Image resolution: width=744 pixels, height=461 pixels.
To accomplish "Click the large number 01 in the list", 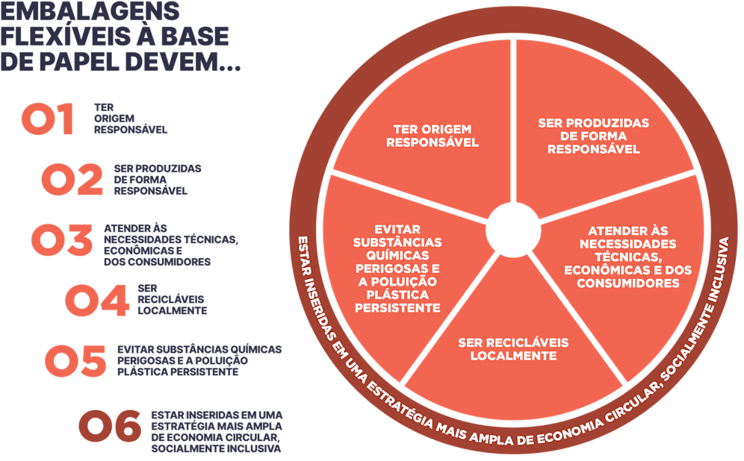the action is pos(48,120).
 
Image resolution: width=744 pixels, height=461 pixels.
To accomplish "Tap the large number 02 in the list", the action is pos(72,181).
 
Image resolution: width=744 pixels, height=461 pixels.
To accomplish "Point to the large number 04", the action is pos(96,301).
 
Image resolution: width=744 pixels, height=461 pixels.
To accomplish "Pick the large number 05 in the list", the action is pos(75,361).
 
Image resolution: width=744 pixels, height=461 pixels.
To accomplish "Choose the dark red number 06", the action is pos(110,426).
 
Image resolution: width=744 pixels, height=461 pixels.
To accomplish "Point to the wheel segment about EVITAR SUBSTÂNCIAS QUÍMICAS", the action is pos(396,269).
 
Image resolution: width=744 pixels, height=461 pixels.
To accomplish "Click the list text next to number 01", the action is pos(131,118).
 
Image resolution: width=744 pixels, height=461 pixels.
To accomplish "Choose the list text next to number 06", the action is pos(217,432).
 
